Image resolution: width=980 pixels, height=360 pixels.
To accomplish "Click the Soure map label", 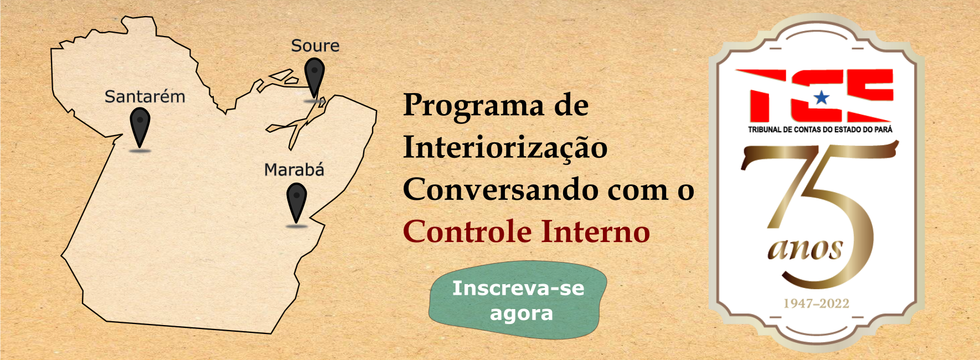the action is (315, 46).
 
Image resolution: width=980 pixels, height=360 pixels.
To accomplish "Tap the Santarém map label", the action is (145, 97).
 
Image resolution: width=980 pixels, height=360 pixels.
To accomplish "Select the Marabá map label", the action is (294, 169).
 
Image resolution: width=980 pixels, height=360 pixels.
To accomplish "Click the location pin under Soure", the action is (314, 79).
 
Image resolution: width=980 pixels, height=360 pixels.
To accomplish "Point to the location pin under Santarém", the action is (140, 128).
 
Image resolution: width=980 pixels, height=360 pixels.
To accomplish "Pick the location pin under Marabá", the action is (297, 203).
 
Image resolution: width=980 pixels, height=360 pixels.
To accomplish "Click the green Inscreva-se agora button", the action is (518, 300).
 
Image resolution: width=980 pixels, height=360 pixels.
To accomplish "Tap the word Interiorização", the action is (505, 148).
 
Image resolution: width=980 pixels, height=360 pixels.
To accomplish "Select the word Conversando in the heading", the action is (501, 189).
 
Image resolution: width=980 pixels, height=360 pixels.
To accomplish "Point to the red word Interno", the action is (595, 232).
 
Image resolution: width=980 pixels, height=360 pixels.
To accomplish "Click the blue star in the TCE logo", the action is (822, 98).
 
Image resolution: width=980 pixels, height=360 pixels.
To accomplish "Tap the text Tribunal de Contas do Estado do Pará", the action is (820, 130).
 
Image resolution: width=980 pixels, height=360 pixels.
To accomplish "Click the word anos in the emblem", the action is (805, 249).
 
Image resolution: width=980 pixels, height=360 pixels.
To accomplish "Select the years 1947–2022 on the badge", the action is (816, 304).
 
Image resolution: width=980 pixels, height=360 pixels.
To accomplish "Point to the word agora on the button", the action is (521, 314).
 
